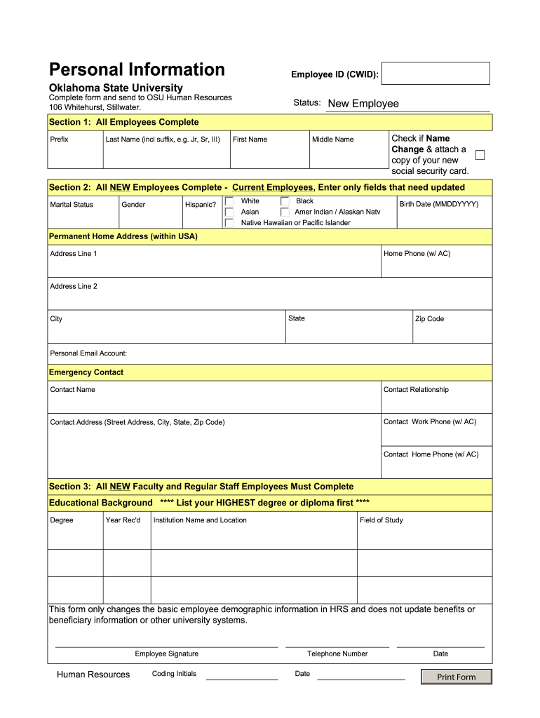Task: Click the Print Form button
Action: tap(456, 677)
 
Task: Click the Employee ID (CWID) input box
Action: tap(436, 74)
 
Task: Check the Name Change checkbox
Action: tap(480, 155)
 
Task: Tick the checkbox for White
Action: tap(229, 202)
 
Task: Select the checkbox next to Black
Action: tap(285, 202)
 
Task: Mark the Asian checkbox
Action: tap(229, 212)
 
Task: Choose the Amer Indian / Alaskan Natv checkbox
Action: tap(285, 212)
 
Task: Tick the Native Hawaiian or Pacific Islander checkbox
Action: tap(229, 223)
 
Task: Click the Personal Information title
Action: tap(137, 69)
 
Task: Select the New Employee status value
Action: tap(363, 104)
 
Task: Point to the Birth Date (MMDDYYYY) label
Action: tap(438, 204)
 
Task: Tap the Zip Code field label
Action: tap(429, 319)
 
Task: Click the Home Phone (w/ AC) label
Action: tap(417, 254)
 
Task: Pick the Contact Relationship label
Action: tap(416, 390)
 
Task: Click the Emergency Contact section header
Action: tap(86, 372)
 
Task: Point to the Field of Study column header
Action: tap(381, 520)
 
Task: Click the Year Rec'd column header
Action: tap(123, 520)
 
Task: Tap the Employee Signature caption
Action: tap(166, 653)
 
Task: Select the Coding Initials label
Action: tap(174, 674)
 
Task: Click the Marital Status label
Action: tap(72, 205)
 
